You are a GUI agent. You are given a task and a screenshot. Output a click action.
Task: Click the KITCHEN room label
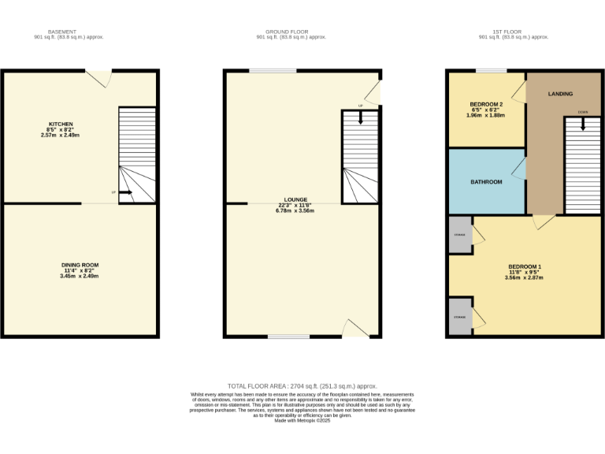click(61, 125)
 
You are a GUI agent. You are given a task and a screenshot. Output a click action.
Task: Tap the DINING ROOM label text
click(81, 265)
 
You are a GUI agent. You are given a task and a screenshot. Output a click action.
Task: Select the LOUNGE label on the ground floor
click(296, 200)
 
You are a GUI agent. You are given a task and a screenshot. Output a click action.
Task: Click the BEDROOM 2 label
click(486, 105)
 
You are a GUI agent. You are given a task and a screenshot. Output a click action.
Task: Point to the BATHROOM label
click(486, 182)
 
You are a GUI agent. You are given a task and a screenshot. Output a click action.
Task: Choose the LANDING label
click(560, 94)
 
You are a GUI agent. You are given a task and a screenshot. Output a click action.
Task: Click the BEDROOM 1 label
click(524, 266)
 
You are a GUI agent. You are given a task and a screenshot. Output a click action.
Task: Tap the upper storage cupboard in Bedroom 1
click(460, 235)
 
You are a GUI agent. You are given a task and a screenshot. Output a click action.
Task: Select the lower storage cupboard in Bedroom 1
click(460, 317)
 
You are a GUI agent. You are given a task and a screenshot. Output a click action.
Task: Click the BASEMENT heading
click(56, 32)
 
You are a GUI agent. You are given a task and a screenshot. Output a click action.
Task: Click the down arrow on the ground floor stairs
click(361, 118)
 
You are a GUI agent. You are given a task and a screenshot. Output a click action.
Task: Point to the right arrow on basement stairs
click(125, 192)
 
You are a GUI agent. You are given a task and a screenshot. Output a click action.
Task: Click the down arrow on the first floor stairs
click(583, 124)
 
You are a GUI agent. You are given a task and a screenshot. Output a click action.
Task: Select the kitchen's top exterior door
click(98, 76)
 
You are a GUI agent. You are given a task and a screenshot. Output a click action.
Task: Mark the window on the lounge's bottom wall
click(288, 337)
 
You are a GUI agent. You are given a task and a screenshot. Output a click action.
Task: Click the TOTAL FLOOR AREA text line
click(302, 387)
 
